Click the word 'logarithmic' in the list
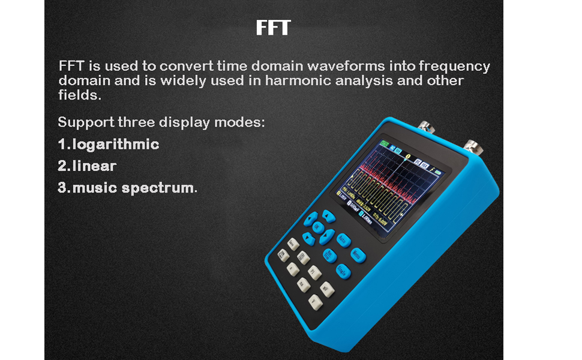116,145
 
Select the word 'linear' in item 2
94,166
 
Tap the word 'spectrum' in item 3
158,188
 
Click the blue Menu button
358,256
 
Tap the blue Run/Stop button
329,256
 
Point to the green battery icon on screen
383,146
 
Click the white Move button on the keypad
293,244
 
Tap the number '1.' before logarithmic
64,145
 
